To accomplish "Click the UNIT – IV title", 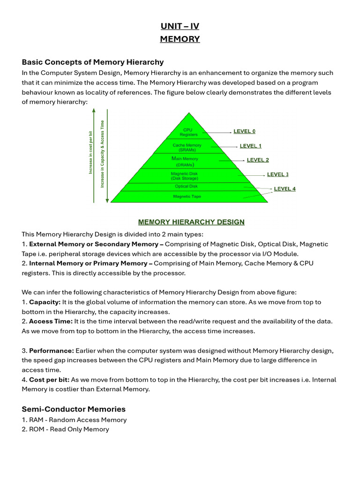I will [180, 26].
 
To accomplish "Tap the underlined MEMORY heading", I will [180, 39].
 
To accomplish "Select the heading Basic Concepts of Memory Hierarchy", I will [93, 62].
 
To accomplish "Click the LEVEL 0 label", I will [244, 131].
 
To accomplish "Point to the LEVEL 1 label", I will [251, 146].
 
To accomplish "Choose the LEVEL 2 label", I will [258, 160].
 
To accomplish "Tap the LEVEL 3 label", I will [277, 174].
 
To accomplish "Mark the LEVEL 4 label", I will [285, 189].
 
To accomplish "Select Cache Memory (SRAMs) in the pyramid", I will [187, 147].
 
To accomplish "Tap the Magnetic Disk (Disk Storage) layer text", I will [185, 176].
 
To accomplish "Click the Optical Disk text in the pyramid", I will [186, 187].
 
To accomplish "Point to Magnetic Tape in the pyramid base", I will [187, 196].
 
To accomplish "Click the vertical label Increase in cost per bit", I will [90, 153].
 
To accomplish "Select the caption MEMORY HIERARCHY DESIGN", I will [191, 222].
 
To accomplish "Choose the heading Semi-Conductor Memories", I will [74, 409].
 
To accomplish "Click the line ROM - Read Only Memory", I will [65, 429].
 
